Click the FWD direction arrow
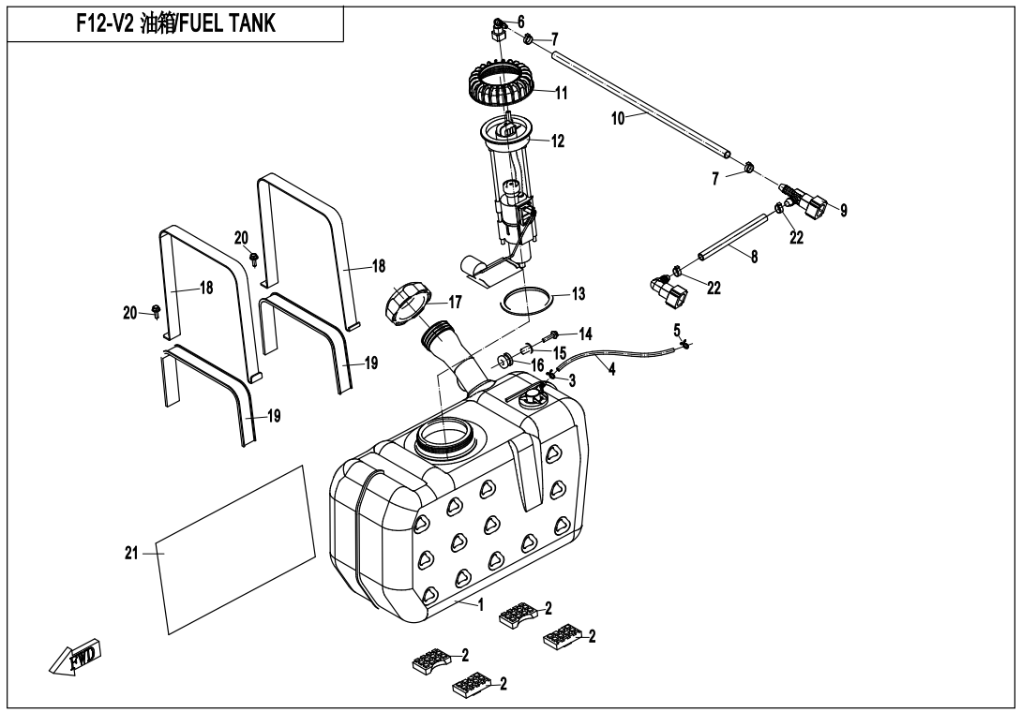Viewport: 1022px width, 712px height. [78, 658]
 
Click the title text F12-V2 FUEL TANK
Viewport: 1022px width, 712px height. [175, 24]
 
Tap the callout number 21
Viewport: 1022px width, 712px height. [131, 554]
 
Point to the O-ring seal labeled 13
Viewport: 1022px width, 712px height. [529, 302]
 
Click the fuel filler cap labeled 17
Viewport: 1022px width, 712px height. [410, 305]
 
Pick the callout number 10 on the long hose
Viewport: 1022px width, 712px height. [619, 119]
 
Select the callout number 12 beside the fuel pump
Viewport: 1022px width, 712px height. [558, 142]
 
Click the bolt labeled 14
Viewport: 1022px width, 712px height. [559, 333]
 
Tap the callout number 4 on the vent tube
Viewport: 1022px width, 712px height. [611, 370]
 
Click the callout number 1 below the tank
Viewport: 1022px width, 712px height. [480, 605]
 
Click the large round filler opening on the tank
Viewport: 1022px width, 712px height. [447, 436]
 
